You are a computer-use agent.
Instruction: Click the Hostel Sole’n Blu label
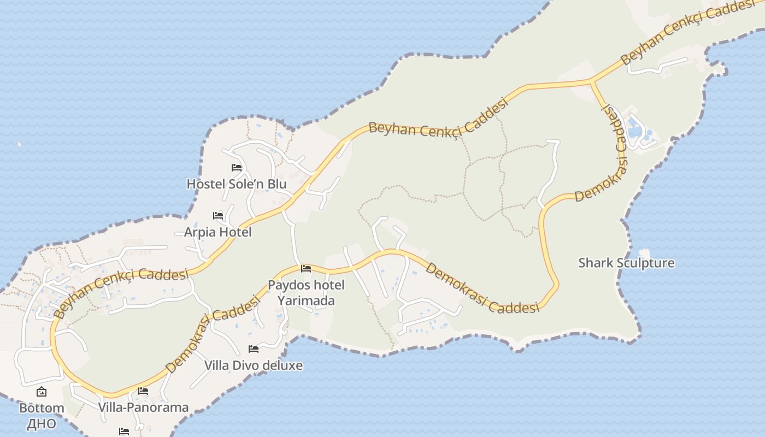coord(236,184)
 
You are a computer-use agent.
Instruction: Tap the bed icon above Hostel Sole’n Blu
coord(237,168)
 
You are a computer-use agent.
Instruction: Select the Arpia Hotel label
coord(217,232)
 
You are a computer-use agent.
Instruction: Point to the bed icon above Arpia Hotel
coord(218,216)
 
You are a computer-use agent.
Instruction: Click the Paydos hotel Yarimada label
coord(306,293)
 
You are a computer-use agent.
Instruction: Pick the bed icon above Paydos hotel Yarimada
coord(306,269)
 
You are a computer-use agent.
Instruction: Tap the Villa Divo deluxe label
coord(253,365)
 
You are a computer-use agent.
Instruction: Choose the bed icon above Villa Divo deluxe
coord(254,349)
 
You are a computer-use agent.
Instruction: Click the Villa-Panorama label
coord(143,408)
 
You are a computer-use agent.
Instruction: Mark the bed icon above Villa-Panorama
coord(143,391)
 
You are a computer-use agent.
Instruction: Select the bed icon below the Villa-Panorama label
coord(124,432)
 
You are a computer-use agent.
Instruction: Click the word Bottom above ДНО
coord(42,408)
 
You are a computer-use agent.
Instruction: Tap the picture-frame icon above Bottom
coord(42,392)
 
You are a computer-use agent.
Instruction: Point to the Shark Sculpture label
coord(626,263)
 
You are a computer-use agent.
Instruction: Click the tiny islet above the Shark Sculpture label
coord(644,253)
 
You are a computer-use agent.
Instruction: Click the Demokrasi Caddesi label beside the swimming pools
coord(616,152)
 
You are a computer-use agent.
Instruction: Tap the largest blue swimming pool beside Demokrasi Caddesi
coord(635,132)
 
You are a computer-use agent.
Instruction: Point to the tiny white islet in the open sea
coord(20,144)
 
